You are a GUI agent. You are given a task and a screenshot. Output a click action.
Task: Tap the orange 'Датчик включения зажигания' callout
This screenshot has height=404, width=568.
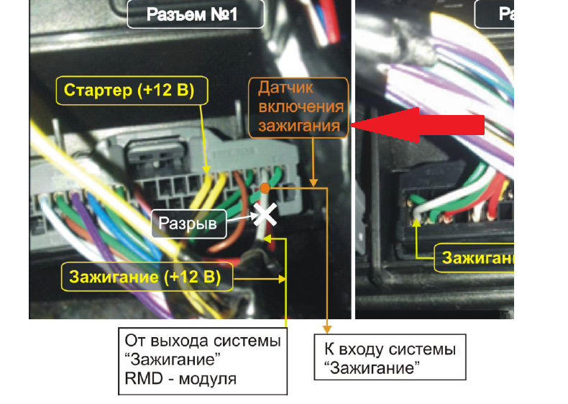pyautogui.click(x=300, y=108)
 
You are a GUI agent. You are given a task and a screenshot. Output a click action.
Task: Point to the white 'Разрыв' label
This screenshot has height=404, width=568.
pyautogui.click(x=189, y=224)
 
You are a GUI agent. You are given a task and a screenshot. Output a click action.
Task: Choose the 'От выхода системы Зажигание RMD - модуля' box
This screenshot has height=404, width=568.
pyautogui.click(x=202, y=360)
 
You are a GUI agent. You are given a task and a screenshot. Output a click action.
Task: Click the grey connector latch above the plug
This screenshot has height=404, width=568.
pyautogui.click(x=153, y=154)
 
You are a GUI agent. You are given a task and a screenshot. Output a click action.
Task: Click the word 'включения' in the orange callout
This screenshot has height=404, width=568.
pyautogui.click(x=300, y=108)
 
